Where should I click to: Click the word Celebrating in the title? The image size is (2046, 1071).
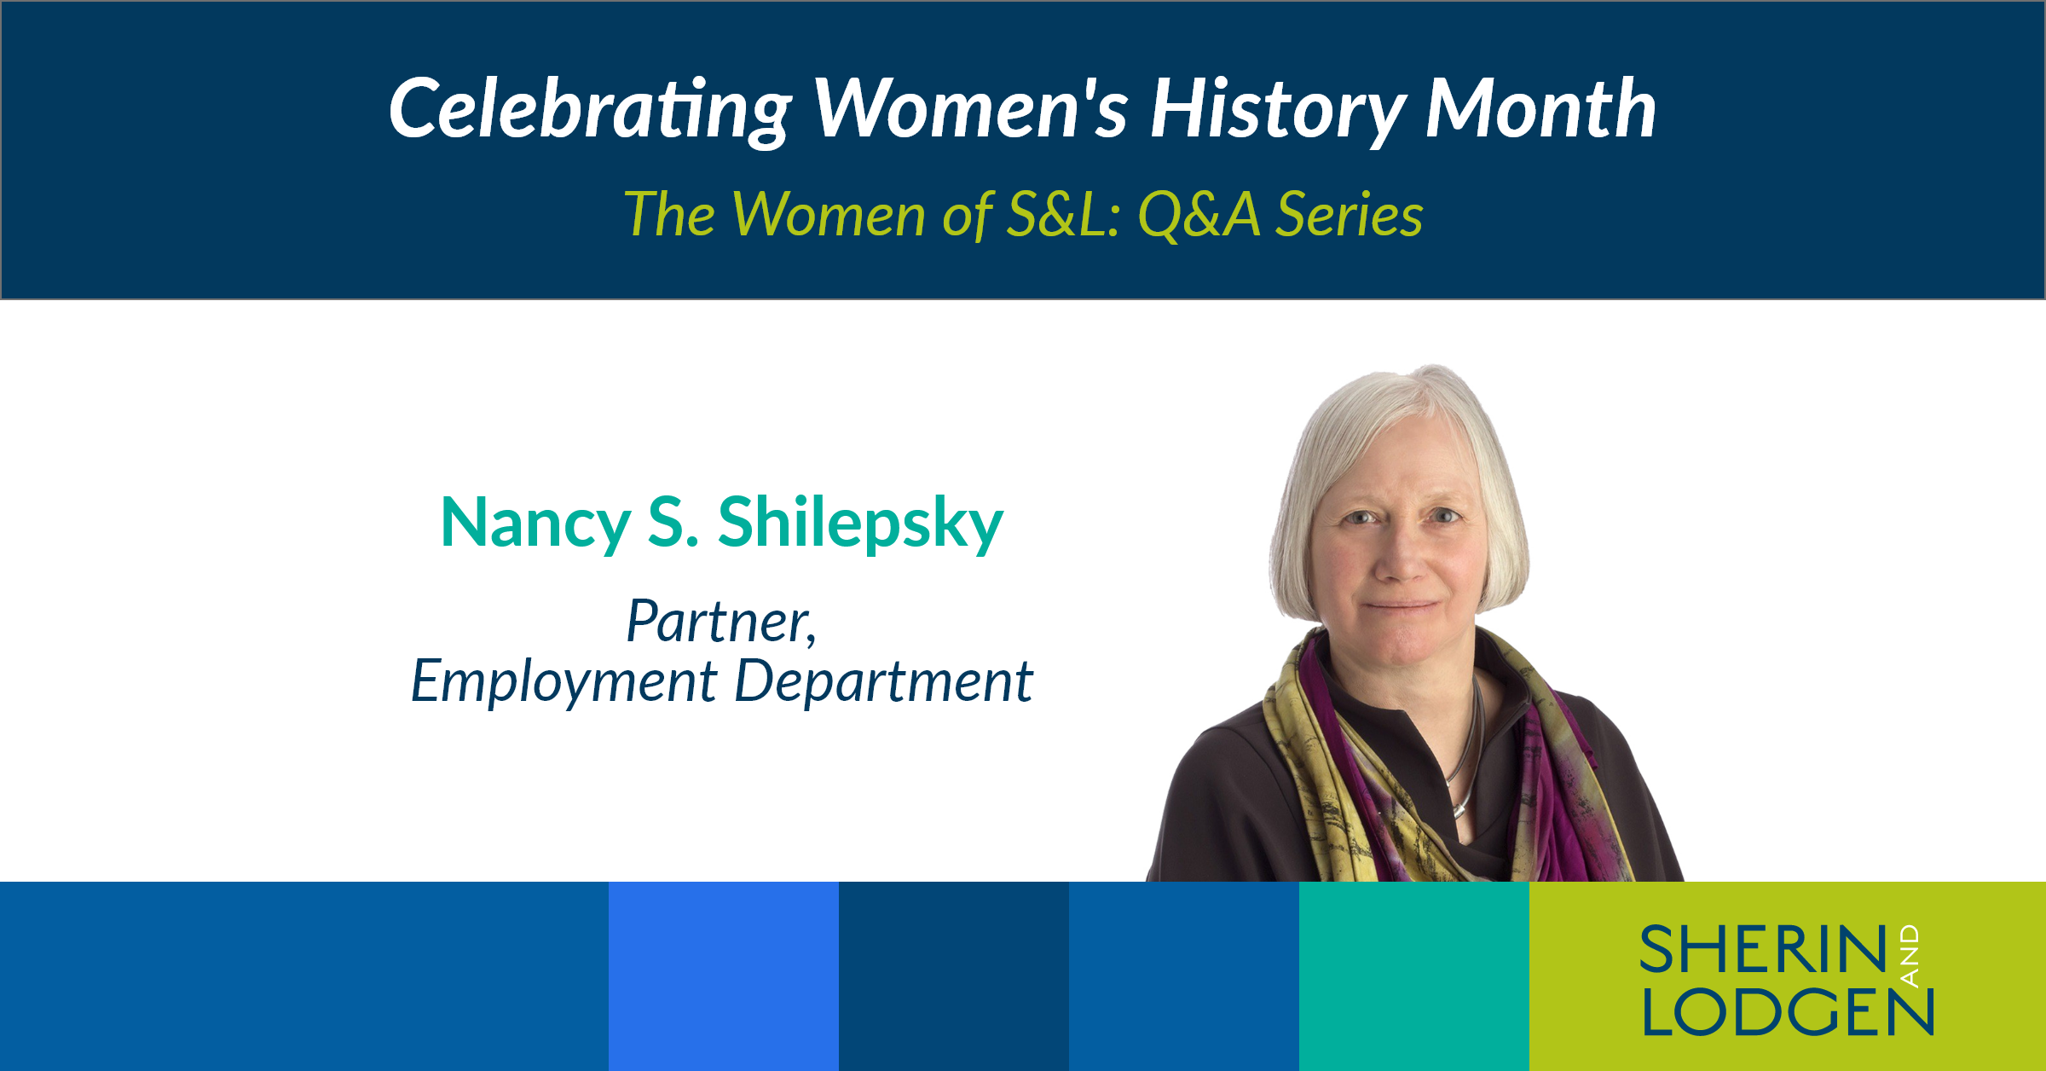(x=591, y=110)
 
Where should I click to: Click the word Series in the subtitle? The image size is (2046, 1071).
(x=1350, y=214)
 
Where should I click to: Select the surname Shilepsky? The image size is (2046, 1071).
(x=861, y=524)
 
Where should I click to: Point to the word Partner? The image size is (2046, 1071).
(x=721, y=622)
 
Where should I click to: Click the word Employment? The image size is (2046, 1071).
(x=564, y=683)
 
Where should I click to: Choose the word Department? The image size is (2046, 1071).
(x=884, y=683)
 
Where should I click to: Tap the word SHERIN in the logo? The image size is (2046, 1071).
(x=1763, y=949)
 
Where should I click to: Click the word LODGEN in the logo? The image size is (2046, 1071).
(x=1788, y=1012)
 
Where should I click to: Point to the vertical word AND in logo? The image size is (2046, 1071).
(x=1910, y=956)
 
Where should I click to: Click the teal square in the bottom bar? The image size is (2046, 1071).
(x=1414, y=976)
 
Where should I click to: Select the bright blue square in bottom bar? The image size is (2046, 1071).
(x=724, y=976)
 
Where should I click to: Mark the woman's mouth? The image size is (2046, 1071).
(x=1402, y=606)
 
